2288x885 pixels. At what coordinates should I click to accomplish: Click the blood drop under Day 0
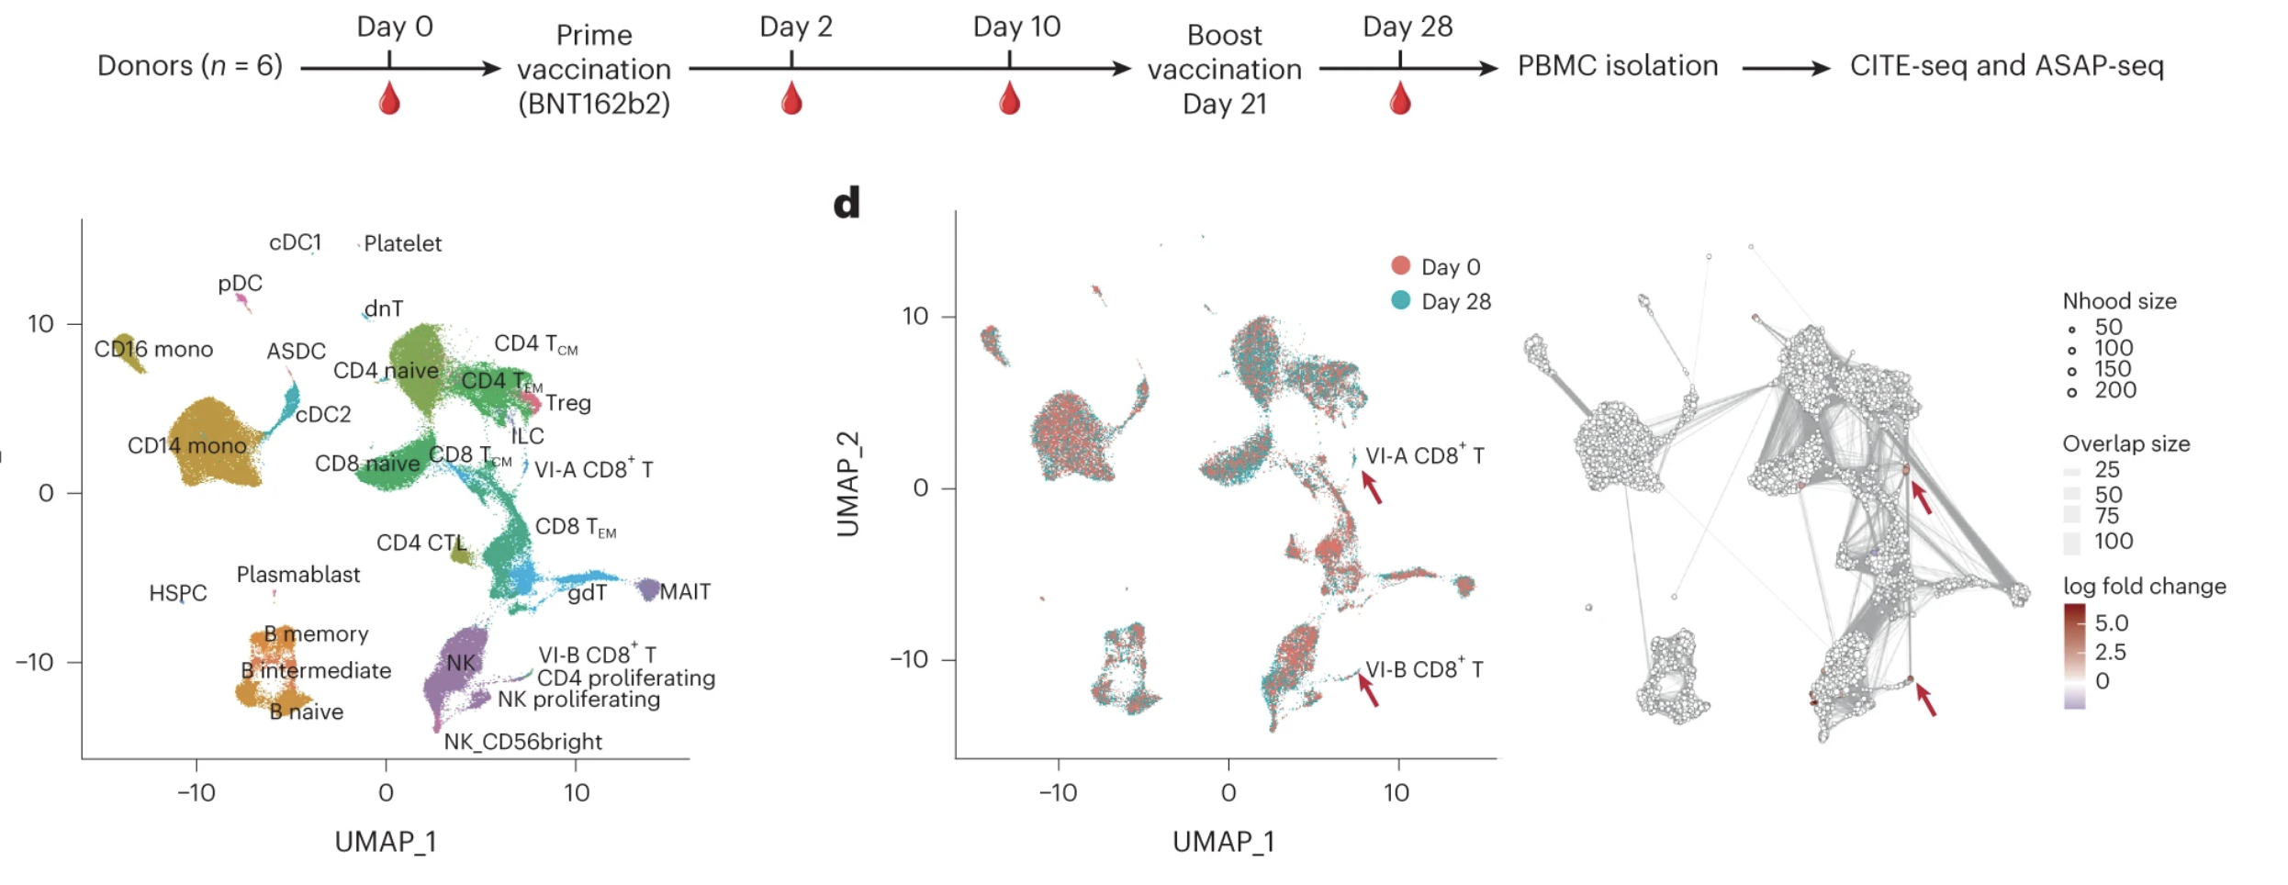(389, 98)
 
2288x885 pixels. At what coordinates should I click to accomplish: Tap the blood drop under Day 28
(1400, 98)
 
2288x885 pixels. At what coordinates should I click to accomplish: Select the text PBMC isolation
(1617, 66)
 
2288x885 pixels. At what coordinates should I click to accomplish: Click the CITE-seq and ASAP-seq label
(2006, 66)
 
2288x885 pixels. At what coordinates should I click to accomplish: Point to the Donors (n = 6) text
(190, 66)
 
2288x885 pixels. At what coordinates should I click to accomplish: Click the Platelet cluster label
(402, 244)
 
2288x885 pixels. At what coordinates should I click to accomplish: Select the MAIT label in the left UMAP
(685, 592)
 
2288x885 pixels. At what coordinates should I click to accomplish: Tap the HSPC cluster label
(178, 593)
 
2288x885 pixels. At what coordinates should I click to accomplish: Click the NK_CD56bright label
(522, 742)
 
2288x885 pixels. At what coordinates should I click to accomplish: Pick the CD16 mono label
(153, 350)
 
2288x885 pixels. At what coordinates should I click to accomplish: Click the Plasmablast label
(298, 575)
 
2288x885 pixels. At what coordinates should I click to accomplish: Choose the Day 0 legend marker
(1400, 266)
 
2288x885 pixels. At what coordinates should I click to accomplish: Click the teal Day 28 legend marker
(1400, 300)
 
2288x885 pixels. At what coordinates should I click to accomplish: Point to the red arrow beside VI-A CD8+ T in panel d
(1371, 487)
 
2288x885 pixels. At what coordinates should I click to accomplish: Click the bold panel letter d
(847, 203)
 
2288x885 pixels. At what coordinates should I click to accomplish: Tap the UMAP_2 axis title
(847, 484)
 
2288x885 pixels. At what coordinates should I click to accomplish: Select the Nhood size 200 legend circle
(2072, 392)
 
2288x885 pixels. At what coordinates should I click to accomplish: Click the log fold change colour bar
(2074, 655)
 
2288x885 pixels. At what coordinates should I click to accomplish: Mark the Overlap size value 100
(2113, 542)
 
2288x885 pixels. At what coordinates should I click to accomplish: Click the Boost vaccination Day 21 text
(1224, 70)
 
